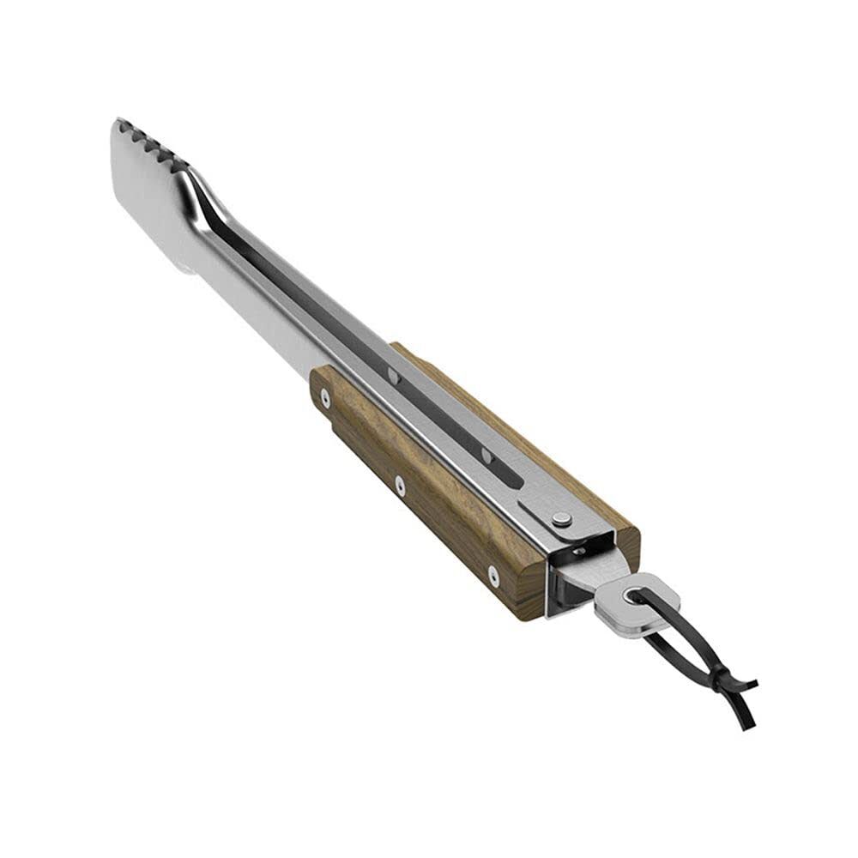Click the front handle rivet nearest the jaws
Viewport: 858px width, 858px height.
click(324, 396)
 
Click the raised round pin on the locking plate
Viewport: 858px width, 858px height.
click(561, 518)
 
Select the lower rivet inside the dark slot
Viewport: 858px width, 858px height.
click(486, 454)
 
